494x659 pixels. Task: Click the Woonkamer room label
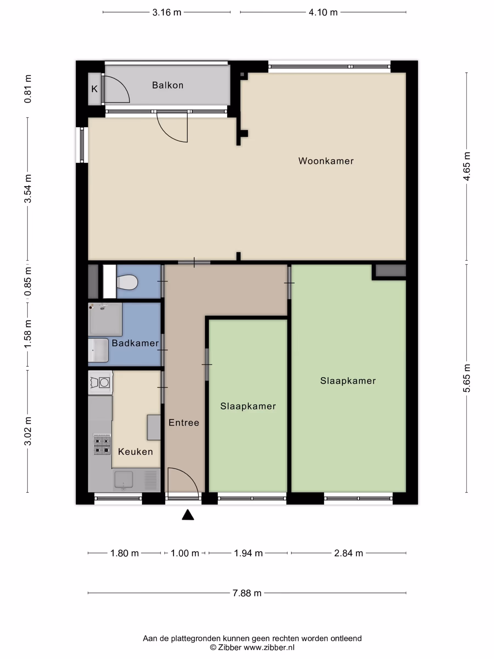click(x=326, y=161)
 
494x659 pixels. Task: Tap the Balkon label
click(x=168, y=85)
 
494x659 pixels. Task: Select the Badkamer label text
click(x=135, y=343)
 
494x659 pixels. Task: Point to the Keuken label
click(x=135, y=452)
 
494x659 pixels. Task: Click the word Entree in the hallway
click(x=184, y=423)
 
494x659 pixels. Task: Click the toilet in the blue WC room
click(x=127, y=282)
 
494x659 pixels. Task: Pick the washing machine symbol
click(x=100, y=382)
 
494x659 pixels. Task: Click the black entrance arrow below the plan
click(x=188, y=515)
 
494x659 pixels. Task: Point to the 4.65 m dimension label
click(x=467, y=166)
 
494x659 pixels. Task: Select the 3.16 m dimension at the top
click(x=167, y=12)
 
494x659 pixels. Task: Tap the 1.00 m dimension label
click(x=185, y=553)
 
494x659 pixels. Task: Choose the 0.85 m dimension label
click(x=28, y=281)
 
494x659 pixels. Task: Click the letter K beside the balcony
click(x=94, y=89)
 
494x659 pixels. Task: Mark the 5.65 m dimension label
click(x=467, y=378)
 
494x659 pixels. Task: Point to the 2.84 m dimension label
click(x=348, y=553)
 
